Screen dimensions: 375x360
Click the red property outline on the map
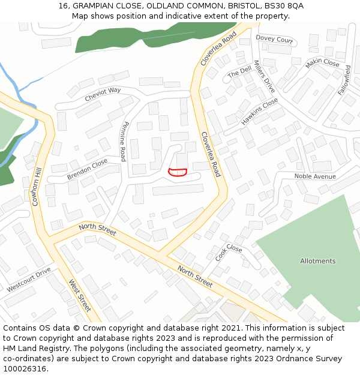pyautogui.click(x=178, y=172)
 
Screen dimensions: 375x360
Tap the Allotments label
pyautogui.click(x=317, y=261)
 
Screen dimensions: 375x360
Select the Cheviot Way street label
pyautogui.click(x=103, y=94)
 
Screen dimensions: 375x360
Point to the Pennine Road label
pyautogui.click(x=124, y=142)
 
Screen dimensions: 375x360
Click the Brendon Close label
pyautogui.click(x=87, y=169)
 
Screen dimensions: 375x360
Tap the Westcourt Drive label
pyautogui.click(x=29, y=280)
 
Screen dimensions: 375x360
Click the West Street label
pyautogui.click(x=79, y=295)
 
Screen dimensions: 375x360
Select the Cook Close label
pyautogui.click(x=229, y=253)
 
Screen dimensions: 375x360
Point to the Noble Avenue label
pyautogui.click(x=314, y=176)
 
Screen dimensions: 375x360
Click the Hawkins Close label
pyautogui.click(x=260, y=112)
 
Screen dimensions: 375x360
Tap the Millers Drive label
pyautogui.click(x=264, y=76)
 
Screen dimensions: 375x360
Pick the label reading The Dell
pyautogui.click(x=239, y=73)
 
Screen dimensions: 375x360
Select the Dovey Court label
pyautogui.click(x=274, y=40)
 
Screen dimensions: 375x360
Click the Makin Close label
pyautogui.click(x=322, y=63)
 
